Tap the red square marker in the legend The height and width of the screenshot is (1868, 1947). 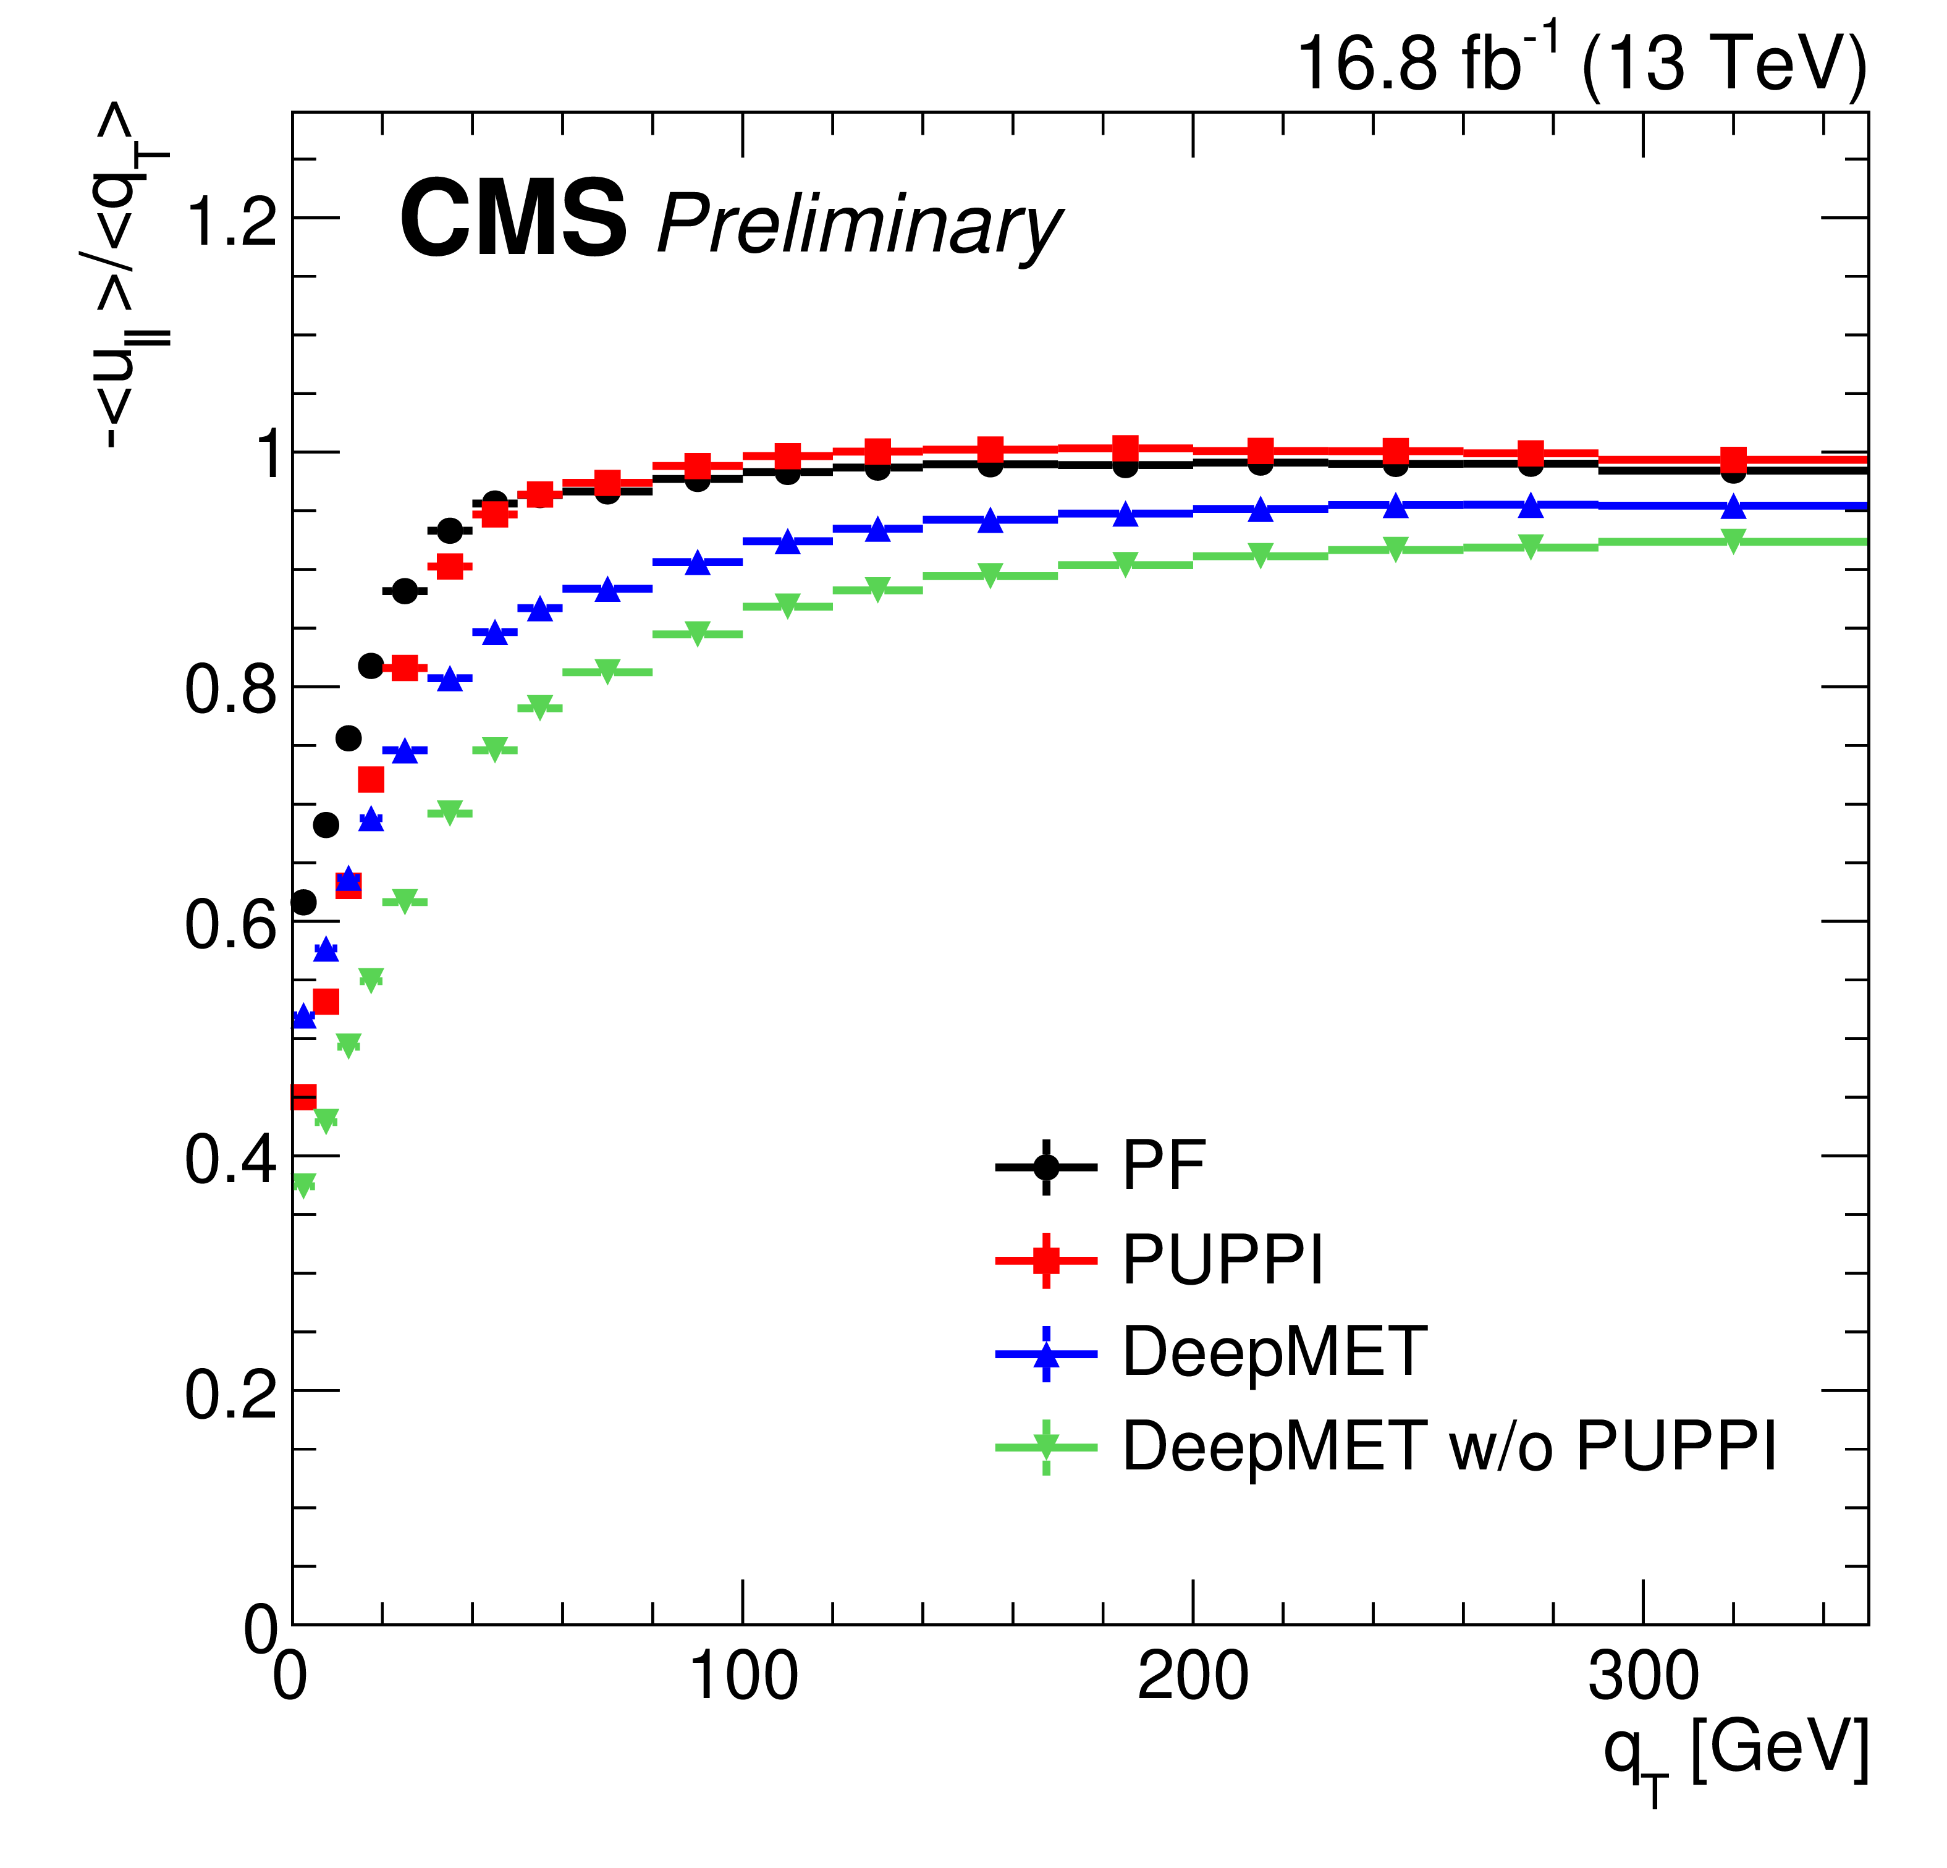pyautogui.click(x=1046, y=1260)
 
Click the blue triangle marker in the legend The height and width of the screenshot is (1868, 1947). pyautogui.click(x=1046, y=1355)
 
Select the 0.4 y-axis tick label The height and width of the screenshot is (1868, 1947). pyautogui.click(x=230, y=1159)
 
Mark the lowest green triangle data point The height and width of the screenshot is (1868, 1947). pyautogui.click(x=304, y=1185)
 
